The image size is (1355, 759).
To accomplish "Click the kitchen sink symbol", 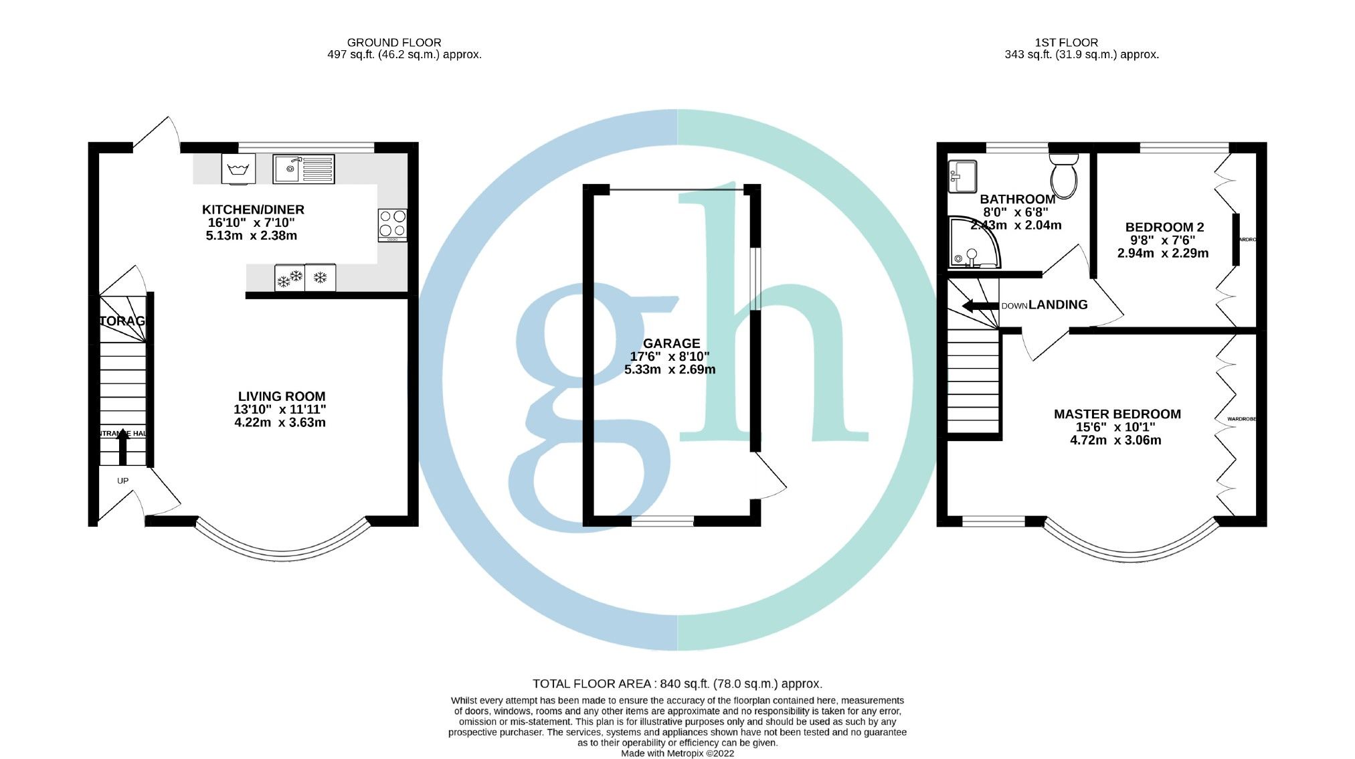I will click(303, 169).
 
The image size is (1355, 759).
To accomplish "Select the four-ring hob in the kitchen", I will click(392, 224).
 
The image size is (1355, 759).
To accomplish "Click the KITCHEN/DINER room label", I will click(253, 209).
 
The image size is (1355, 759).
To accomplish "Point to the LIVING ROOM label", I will click(282, 396).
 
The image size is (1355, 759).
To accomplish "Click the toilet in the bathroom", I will click(1064, 175).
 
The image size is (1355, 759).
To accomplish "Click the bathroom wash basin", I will click(962, 176).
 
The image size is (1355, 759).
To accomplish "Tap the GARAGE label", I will click(671, 343).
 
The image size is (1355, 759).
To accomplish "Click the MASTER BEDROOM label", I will click(1117, 414).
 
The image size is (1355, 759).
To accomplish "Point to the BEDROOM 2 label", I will click(1164, 228).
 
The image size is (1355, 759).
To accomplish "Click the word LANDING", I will click(1058, 305).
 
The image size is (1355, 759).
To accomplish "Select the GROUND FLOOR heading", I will click(394, 42).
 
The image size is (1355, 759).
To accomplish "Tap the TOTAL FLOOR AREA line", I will click(677, 683).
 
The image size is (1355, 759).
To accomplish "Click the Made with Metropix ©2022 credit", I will click(677, 753).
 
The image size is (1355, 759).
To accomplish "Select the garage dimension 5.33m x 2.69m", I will click(670, 369).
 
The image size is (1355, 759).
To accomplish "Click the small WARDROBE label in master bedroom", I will click(1241, 419).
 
